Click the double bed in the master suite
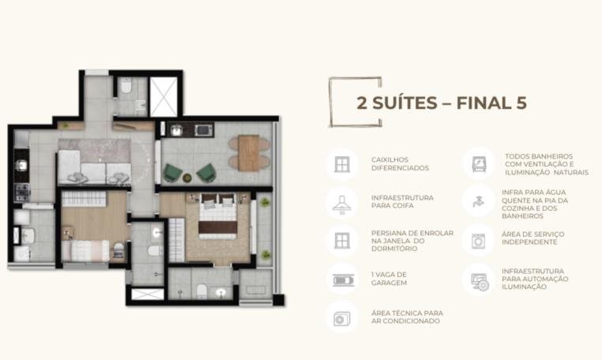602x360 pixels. (218, 216)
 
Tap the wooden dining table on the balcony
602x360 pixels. (249, 152)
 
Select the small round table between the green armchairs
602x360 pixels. (187, 178)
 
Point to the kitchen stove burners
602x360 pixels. (21, 192)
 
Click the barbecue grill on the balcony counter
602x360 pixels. (204, 130)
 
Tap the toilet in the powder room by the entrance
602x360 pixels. (126, 85)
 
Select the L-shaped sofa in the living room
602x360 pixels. (94, 167)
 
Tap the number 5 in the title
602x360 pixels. (520, 103)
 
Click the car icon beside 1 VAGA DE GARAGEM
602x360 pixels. (343, 279)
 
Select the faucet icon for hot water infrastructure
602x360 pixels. (478, 201)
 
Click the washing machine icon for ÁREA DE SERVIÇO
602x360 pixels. (478, 241)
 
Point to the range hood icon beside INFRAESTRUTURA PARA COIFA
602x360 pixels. (342, 204)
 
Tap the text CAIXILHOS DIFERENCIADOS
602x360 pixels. (400, 164)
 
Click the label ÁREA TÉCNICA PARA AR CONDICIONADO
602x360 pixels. (407, 317)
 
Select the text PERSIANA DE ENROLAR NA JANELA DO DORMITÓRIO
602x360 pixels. (412, 241)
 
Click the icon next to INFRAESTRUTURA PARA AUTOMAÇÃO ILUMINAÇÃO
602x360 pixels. (479, 282)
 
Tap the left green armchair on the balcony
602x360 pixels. (171, 173)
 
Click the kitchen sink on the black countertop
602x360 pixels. (21, 166)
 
